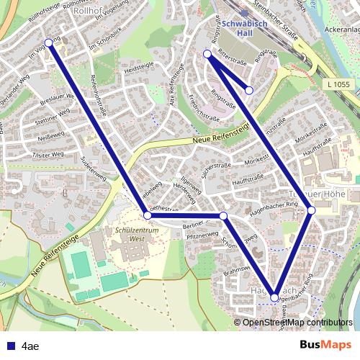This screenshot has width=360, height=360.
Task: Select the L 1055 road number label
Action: (x=336, y=86)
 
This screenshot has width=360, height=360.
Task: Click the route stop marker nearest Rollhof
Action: (x=49, y=42)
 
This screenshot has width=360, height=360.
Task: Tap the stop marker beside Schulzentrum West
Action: (x=148, y=215)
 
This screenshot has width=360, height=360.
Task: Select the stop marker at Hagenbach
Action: (x=275, y=297)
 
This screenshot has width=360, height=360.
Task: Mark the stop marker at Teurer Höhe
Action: (x=311, y=210)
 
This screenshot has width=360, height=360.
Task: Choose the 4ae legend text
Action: (x=30, y=345)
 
